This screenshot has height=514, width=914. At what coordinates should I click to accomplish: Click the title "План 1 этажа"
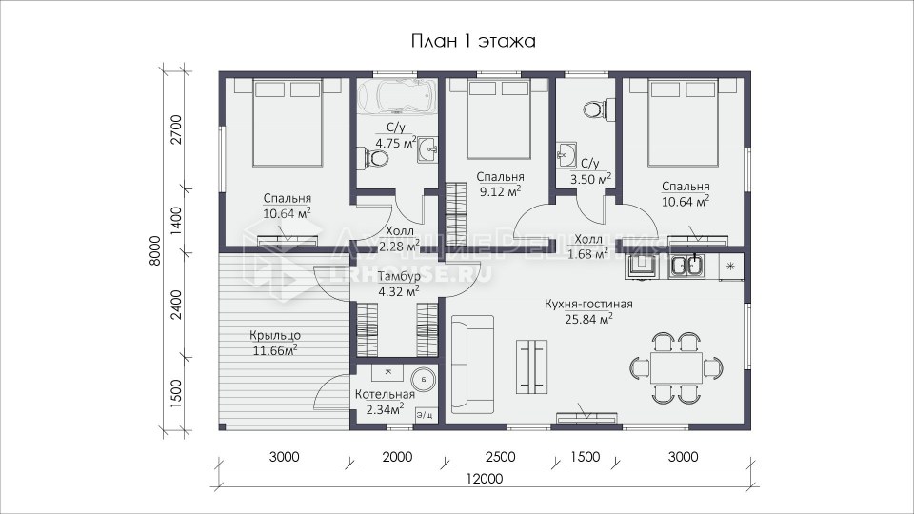(x=473, y=41)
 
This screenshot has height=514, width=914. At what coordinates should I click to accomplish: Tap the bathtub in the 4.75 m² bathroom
(x=397, y=96)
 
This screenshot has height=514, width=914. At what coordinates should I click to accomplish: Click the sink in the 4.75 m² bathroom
(x=427, y=149)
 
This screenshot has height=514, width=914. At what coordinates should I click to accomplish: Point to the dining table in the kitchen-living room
(x=677, y=367)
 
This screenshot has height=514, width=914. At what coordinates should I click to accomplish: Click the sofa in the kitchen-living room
(x=473, y=362)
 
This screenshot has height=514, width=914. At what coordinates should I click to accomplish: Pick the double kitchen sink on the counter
(x=686, y=267)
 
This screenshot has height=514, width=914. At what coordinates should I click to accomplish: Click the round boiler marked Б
(x=424, y=380)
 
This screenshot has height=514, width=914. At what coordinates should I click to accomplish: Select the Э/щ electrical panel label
(x=425, y=416)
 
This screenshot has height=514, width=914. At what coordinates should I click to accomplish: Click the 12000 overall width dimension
(x=485, y=479)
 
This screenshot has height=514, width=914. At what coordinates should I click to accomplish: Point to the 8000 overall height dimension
(x=155, y=250)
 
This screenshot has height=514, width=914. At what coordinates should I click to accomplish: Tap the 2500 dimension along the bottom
(x=500, y=457)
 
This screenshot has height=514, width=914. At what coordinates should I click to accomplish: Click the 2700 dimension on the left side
(x=177, y=130)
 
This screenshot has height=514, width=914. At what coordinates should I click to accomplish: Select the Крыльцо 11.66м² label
(x=275, y=343)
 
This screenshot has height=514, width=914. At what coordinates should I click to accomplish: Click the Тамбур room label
(x=399, y=276)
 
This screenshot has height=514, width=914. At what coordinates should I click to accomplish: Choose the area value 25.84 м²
(x=588, y=319)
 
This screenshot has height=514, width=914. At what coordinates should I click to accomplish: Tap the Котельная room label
(x=385, y=394)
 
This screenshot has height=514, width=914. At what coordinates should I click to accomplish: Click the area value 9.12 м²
(x=500, y=191)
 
